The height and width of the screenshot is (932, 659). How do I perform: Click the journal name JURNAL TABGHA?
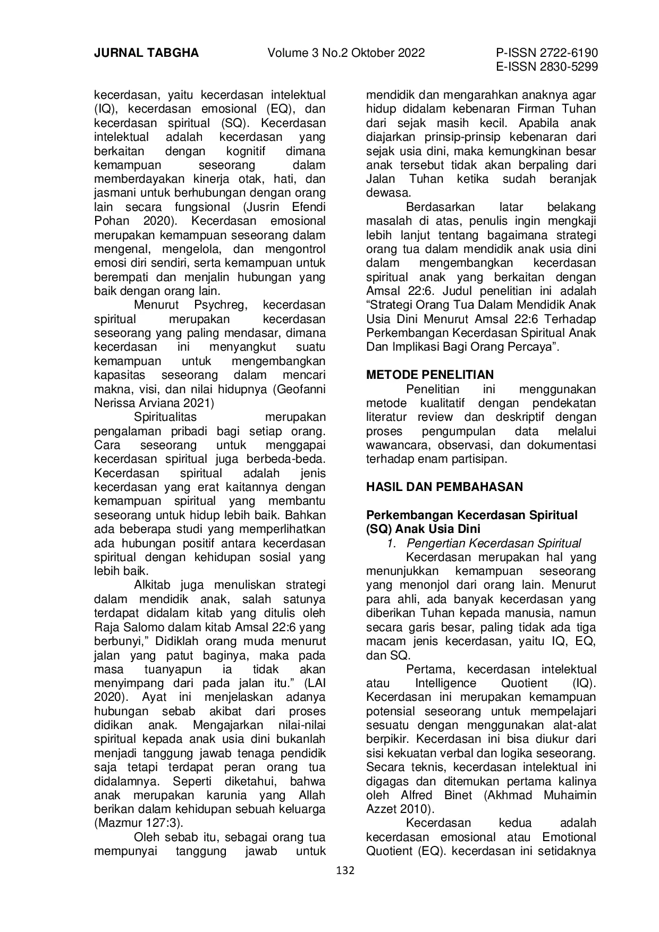pyautogui.click(x=146, y=53)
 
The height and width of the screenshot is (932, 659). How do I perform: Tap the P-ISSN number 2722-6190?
pyautogui.click(x=570, y=53)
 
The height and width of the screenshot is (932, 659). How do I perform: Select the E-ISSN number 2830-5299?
pyautogui.click(x=570, y=67)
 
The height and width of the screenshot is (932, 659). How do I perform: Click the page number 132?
pyautogui.click(x=345, y=870)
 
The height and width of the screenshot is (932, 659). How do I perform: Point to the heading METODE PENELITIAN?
pyautogui.click(x=430, y=375)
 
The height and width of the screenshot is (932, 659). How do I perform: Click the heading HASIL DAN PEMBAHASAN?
pyautogui.click(x=444, y=487)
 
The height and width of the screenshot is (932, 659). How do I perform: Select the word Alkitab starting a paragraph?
pyautogui.click(x=154, y=585)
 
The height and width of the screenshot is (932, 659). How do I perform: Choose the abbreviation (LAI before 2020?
pyautogui.click(x=314, y=683)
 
